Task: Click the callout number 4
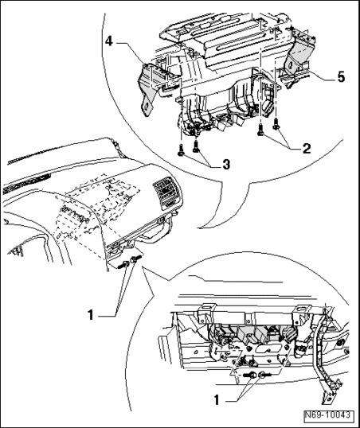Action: click(109, 42)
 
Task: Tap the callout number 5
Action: click(341, 77)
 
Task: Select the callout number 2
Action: click(307, 149)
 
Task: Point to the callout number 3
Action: click(225, 165)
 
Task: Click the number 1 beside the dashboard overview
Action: click(91, 315)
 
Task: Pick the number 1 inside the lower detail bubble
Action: click(217, 400)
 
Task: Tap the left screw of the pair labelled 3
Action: click(181, 150)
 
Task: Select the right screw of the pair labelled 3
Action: click(195, 146)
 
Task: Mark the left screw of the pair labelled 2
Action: click(260, 130)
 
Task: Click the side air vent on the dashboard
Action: click(167, 193)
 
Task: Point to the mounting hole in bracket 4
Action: click(147, 107)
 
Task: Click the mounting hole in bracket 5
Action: click(290, 65)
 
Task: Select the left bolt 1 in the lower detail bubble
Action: click(249, 375)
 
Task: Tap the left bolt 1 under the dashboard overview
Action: click(123, 264)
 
